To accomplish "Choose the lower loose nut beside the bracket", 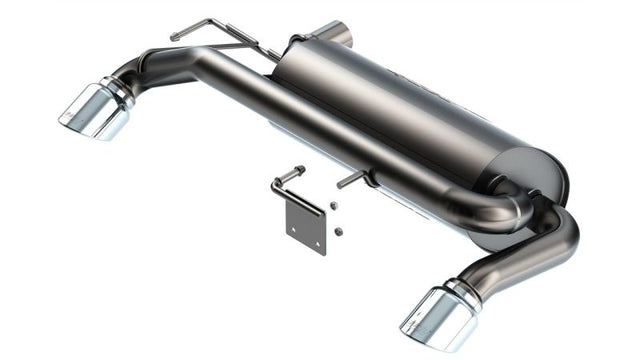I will [x=339, y=231].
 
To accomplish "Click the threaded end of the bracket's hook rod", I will [x=299, y=171].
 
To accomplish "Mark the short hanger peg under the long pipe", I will [x=354, y=179].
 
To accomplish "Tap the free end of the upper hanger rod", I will [x=176, y=37].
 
